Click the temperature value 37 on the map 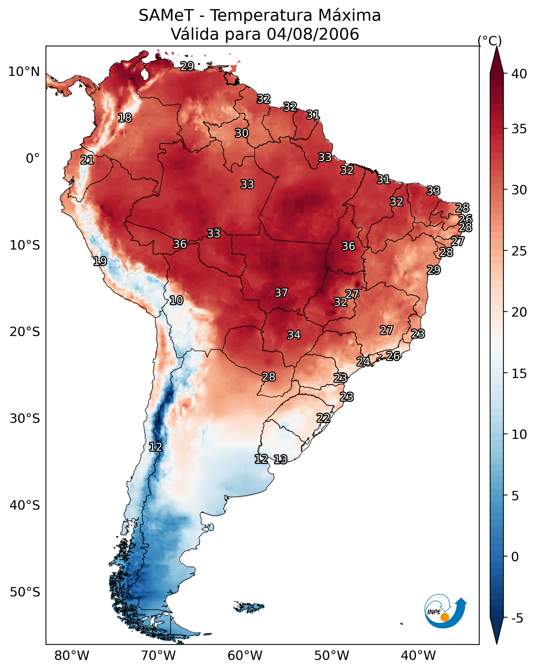tap(281, 293)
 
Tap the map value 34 tap(294, 335)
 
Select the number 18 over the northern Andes tap(125, 118)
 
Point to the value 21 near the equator tap(87, 160)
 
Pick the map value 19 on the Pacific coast tap(100, 261)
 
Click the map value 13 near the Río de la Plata tap(280, 459)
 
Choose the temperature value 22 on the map tap(323, 418)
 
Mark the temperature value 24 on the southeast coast tap(363, 361)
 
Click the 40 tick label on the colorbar tap(519, 74)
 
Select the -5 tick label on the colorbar tap(517, 618)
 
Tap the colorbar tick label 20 tap(519, 312)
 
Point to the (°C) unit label tap(489, 41)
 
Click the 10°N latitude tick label tap(24, 72)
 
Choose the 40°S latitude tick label tap(25, 505)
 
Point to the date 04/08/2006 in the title tap(313, 34)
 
